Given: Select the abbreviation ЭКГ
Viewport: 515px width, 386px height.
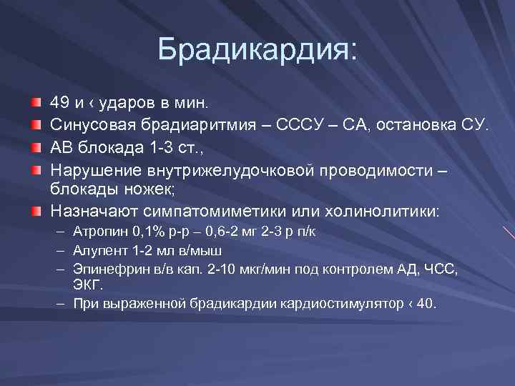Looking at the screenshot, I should (87, 284).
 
